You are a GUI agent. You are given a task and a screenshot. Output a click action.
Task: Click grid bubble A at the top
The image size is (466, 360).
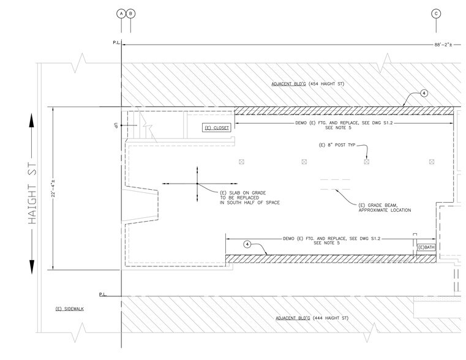point(121,13)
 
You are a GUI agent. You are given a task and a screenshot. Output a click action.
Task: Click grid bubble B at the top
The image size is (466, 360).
point(130,13)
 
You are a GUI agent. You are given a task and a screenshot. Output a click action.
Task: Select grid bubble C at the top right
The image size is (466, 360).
point(436,13)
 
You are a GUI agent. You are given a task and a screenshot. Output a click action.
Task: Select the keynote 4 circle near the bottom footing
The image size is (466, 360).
point(247,244)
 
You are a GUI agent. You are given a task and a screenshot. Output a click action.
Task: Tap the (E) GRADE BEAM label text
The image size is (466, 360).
point(385,207)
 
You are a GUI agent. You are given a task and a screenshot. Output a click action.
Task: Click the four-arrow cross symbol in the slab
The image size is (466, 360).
point(197,184)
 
